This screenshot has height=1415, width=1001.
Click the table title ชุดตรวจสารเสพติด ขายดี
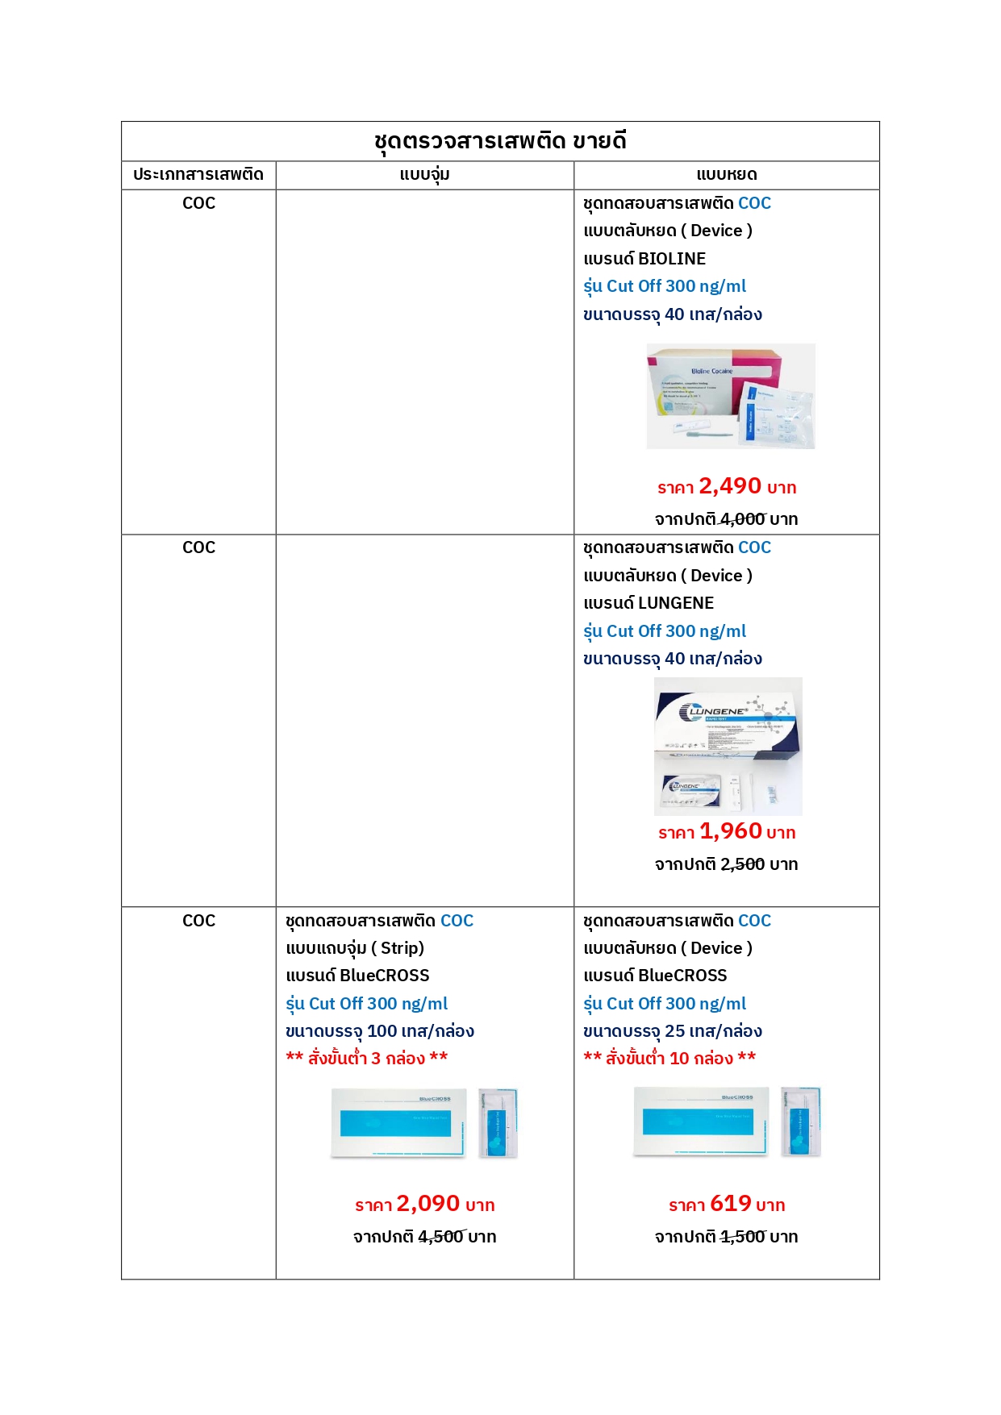tap(500, 141)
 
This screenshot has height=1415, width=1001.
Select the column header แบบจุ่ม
tap(424, 175)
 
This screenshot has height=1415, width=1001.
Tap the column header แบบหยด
tap(726, 175)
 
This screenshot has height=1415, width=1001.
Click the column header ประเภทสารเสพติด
tap(198, 175)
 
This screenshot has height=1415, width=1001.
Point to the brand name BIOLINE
tap(672, 259)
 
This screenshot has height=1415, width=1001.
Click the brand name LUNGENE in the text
tap(676, 603)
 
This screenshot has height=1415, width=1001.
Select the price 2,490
tap(730, 486)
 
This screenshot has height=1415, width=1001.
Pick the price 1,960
tap(731, 831)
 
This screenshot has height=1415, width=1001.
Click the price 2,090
tap(428, 1204)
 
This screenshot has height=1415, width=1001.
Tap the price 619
tap(731, 1204)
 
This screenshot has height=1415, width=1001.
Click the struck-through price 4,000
tap(742, 519)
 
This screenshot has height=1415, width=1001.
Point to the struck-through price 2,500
tap(742, 864)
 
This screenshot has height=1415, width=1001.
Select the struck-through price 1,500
tap(742, 1237)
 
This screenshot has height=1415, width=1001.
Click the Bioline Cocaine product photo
tap(731, 396)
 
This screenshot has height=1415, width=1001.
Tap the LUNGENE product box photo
tap(728, 746)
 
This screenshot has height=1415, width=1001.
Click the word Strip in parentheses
tap(398, 948)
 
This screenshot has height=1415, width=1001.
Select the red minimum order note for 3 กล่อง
tap(367, 1058)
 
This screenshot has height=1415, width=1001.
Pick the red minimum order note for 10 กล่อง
tap(669, 1058)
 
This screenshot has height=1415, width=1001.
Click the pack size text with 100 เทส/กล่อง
tap(380, 1031)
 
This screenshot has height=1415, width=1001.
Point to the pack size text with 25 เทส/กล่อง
tap(673, 1031)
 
